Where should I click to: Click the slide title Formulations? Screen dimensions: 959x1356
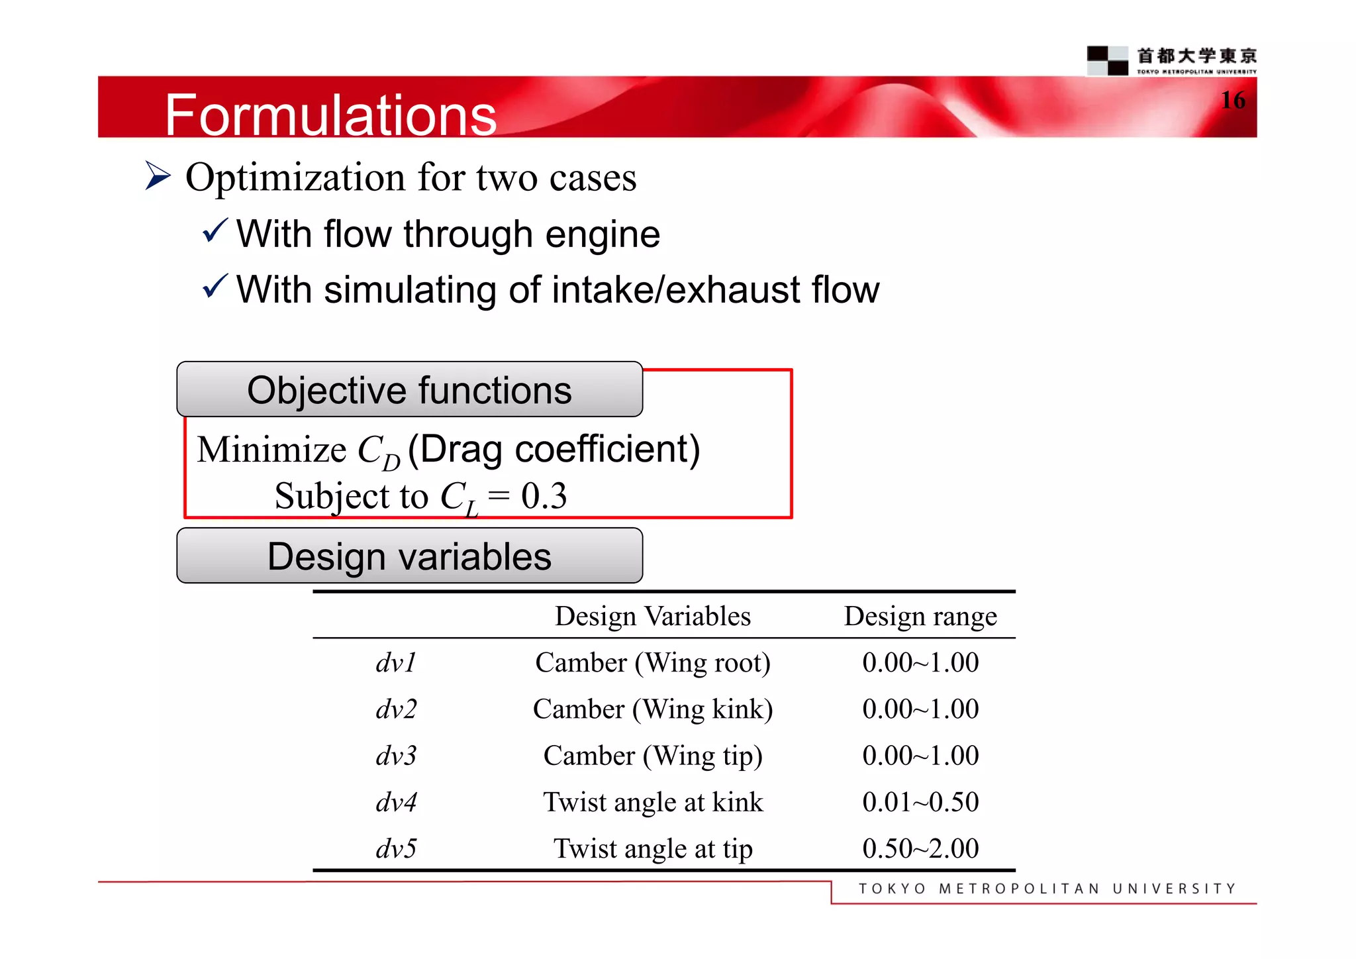point(330,115)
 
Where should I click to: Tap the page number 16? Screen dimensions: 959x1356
point(1233,100)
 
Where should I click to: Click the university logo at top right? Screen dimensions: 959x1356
point(1171,60)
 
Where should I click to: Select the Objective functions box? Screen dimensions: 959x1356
point(409,389)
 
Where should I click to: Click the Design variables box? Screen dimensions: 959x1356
point(409,556)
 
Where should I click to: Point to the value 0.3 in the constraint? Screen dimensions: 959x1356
point(544,495)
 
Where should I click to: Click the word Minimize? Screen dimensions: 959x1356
point(271,450)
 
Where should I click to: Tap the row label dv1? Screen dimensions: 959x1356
point(396,662)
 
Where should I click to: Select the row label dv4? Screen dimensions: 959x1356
point(396,802)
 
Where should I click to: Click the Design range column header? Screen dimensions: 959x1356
point(920,616)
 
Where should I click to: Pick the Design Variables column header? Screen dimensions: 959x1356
point(652,616)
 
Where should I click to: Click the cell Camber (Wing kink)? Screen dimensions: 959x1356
point(652,709)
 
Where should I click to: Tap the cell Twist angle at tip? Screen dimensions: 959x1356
point(652,848)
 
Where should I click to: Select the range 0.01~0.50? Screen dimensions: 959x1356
point(920,802)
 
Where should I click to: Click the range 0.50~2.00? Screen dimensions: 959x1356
point(920,848)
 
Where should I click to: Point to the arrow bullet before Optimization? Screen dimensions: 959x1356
point(158,176)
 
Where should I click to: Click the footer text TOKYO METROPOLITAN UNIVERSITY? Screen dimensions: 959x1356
point(1047,888)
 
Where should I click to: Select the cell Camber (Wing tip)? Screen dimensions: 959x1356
point(652,756)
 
